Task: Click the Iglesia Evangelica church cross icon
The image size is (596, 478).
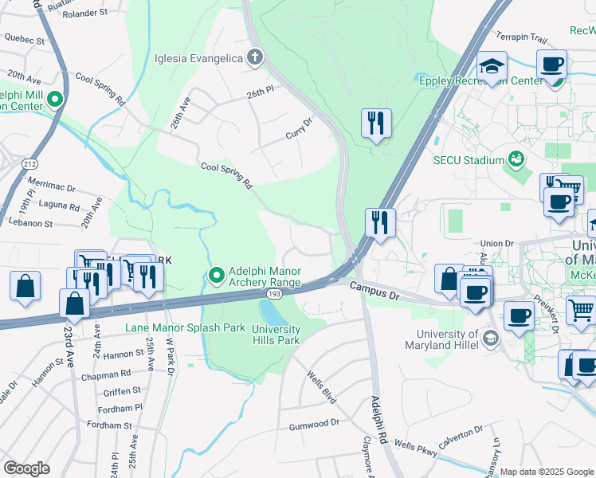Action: pos(254,57)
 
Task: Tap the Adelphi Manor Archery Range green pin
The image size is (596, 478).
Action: pos(216,276)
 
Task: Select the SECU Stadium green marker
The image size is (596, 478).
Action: pos(517,159)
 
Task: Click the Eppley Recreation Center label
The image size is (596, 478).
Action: pos(480,80)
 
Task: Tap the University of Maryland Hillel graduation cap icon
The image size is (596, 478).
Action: pos(491,338)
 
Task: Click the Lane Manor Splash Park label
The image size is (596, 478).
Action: pos(186,327)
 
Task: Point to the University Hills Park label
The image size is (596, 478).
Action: pos(276,335)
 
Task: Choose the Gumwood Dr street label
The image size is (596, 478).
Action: pos(314,425)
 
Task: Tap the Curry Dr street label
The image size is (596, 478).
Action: pos(299,129)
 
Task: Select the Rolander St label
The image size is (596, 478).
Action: pos(85,14)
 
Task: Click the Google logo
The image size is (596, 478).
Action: pos(26,468)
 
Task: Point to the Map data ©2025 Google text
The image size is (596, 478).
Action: pos(546,472)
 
